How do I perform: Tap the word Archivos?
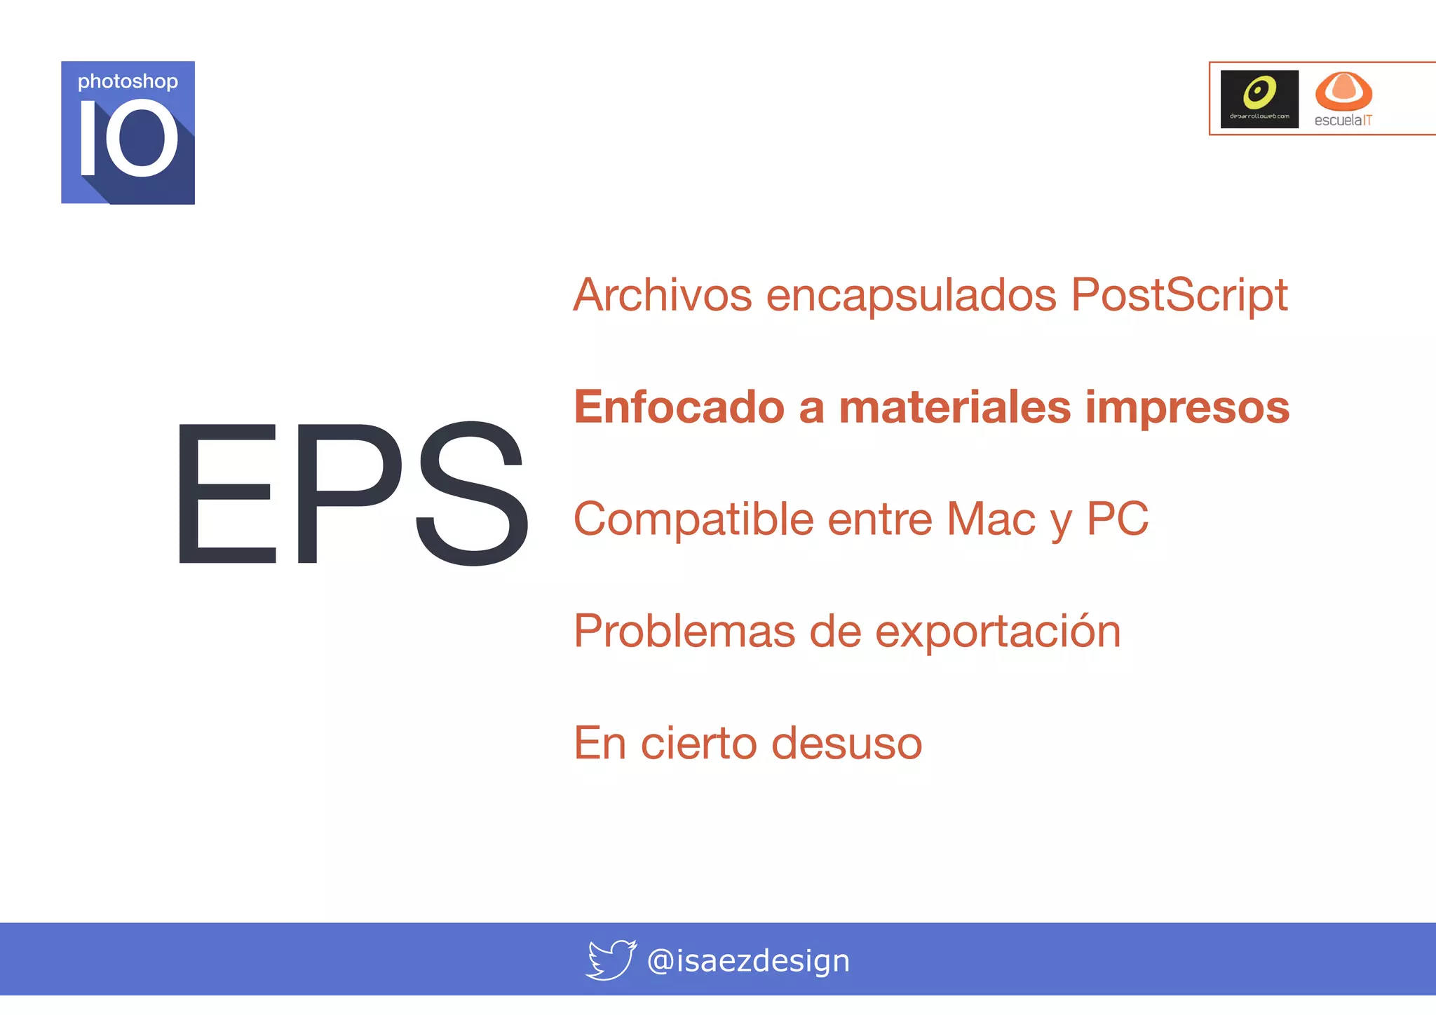pos(662,295)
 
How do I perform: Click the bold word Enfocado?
pos(679,407)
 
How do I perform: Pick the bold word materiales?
pos(954,407)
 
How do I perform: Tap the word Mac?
pos(991,519)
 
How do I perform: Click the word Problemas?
pos(684,631)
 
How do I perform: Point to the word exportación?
pos(998,632)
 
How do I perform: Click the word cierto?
pos(698,743)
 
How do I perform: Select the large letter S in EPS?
pos(471,493)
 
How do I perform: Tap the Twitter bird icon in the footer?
pos(611,960)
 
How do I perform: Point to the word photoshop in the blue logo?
pos(128,82)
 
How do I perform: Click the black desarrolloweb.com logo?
pos(1259,99)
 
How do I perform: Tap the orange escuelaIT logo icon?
pos(1343,91)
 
